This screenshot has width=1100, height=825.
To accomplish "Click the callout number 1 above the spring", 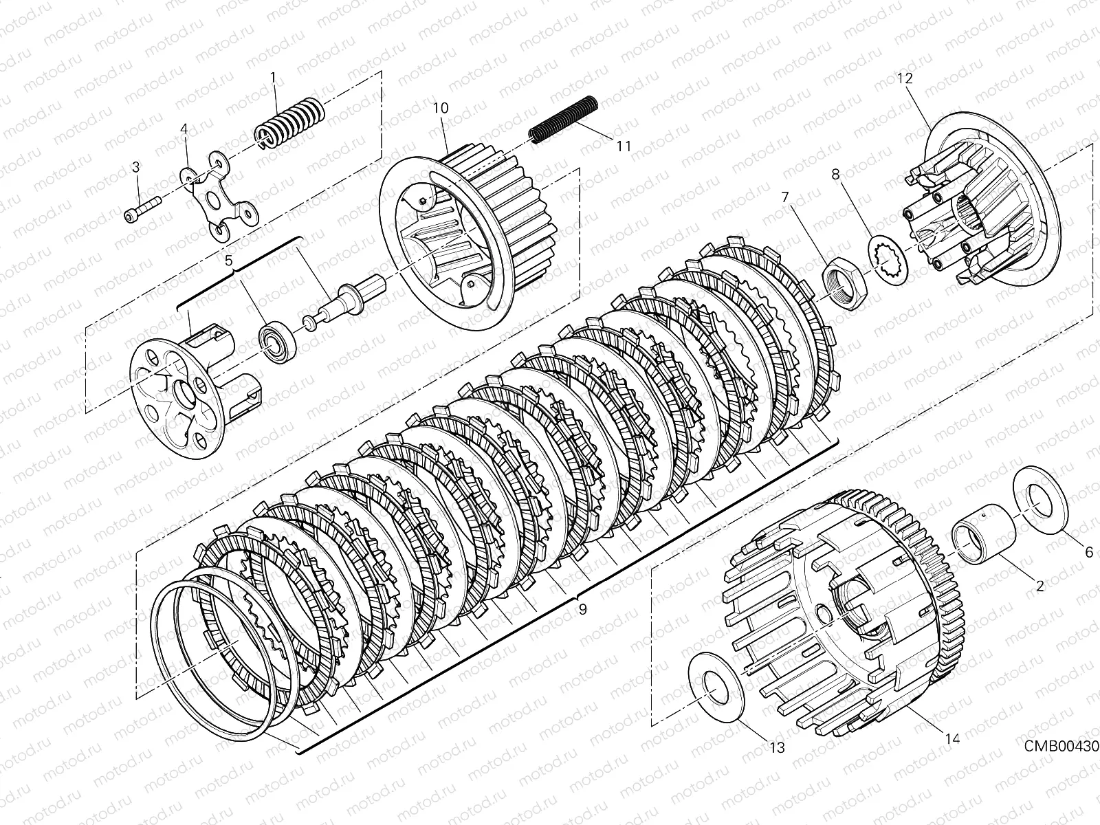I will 273,78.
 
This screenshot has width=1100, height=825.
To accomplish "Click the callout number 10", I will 441,108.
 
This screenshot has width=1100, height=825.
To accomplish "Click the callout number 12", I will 904,78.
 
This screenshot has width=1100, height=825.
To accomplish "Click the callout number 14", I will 951,738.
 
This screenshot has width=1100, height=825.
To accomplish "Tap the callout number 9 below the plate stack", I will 582,608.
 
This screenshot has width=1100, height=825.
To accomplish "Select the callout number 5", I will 229,261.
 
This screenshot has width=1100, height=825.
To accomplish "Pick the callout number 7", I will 784,198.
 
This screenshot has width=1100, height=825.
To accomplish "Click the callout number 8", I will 835,175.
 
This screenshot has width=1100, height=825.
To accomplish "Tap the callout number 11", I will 624,146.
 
